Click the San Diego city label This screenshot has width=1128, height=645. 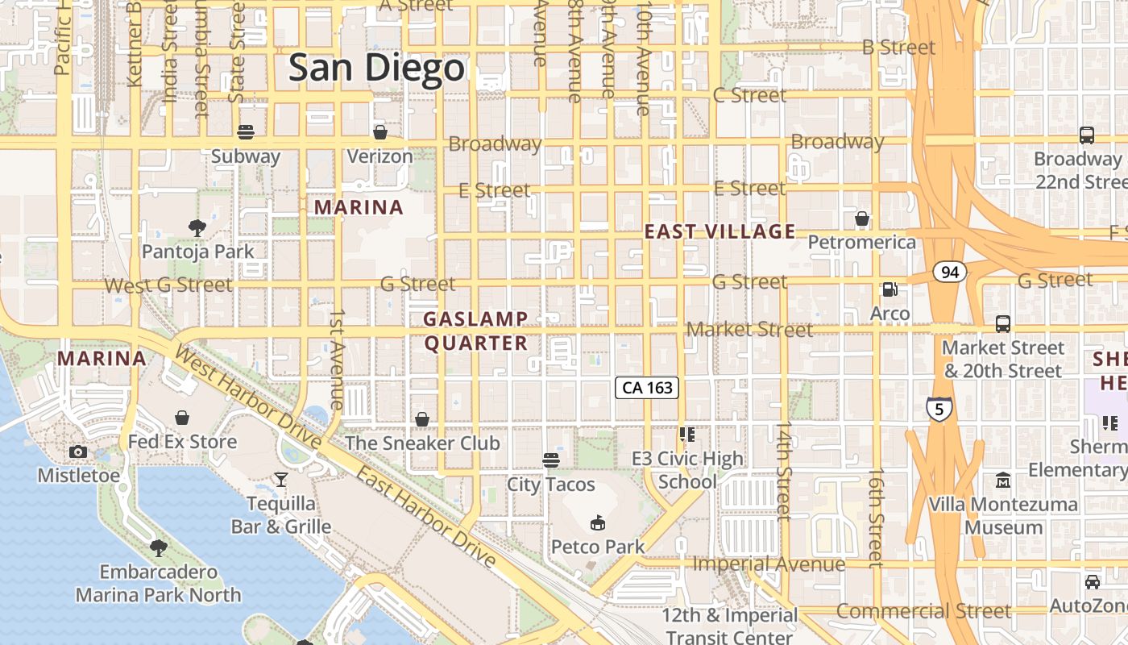[377, 68]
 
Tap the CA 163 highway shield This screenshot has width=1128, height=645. [648, 388]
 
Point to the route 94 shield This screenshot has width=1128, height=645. [950, 272]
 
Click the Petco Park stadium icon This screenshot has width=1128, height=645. [598, 523]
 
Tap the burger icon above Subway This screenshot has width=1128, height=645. [246, 132]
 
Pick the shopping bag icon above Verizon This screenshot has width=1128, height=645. [379, 132]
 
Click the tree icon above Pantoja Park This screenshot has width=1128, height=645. [197, 228]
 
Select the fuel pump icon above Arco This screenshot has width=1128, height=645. [890, 289]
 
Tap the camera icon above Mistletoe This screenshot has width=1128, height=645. [78, 451]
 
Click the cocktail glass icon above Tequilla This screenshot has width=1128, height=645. [281, 480]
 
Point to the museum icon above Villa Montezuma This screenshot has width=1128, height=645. [1003, 481]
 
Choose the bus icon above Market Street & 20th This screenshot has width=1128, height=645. [1003, 324]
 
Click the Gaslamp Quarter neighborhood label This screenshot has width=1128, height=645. [476, 331]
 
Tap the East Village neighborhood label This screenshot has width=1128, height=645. [720, 232]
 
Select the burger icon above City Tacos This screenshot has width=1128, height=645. [551, 460]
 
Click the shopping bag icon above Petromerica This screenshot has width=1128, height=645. [862, 218]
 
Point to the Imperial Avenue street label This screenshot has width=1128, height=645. [769, 564]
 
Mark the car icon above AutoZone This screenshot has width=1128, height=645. [1093, 581]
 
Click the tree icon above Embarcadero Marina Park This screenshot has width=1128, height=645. [159, 548]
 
